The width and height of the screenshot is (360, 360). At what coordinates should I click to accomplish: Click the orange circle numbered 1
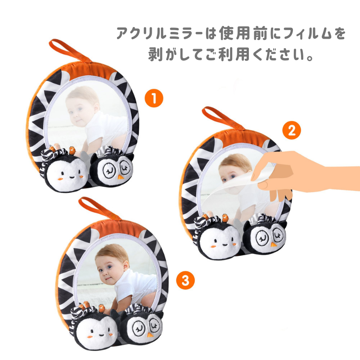[154, 99]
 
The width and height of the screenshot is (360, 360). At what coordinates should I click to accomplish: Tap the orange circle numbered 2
[292, 130]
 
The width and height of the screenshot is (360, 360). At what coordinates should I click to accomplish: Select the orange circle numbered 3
[185, 280]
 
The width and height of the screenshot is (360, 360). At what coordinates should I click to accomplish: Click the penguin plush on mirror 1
[64, 170]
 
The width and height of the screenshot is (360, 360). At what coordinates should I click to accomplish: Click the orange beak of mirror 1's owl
[120, 177]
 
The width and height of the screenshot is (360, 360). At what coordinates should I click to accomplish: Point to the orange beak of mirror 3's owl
[150, 335]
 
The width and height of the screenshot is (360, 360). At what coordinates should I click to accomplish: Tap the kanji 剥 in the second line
[156, 54]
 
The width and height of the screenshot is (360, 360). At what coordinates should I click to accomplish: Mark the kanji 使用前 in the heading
[243, 33]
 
